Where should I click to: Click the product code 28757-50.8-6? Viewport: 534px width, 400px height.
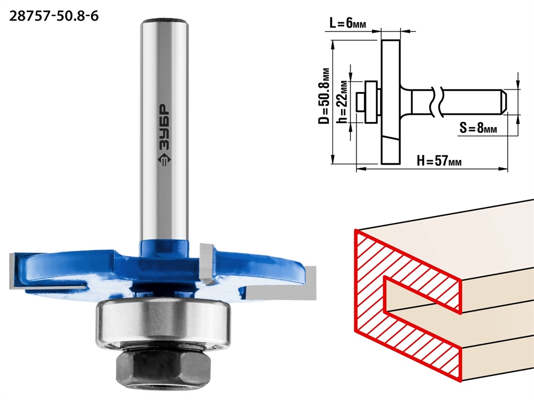(54, 16)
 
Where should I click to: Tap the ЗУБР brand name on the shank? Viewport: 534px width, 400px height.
(164, 126)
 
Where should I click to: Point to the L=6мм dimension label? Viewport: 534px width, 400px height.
(348, 23)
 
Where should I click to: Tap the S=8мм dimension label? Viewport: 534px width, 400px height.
(478, 128)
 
